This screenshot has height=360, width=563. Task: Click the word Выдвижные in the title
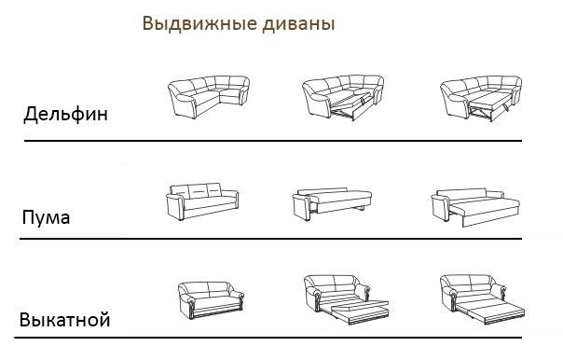(x=199, y=23)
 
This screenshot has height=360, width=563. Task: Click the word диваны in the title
(x=298, y=24)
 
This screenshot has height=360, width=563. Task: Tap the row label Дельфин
(x=65, y=114)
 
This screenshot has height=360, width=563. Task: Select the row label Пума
(x=46, y=217)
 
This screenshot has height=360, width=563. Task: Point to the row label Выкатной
(x=64, y=319)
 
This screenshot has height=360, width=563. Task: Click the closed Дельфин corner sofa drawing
(x=209, y=97)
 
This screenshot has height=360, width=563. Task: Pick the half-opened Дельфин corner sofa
(x=343, y=97)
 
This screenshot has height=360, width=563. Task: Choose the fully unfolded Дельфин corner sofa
(x=481, y=98)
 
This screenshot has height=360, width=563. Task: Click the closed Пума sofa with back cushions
(x=202, y=201)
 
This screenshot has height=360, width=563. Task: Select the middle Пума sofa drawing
(x=332, y=203)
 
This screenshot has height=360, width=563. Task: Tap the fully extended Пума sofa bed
(x=475, y=207)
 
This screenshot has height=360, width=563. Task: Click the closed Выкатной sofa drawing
(x=211, y=300)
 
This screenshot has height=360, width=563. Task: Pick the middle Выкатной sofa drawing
(x=346, y=299)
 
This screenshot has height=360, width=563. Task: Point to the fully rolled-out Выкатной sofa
(x=482, y=299)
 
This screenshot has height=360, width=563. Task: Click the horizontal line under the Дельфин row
(x=273, y=141)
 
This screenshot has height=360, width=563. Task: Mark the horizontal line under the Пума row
(x=270, y=238)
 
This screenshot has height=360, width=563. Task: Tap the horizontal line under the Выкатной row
(x=268, y=338)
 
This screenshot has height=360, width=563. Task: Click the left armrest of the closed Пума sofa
(x=175, y=207)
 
